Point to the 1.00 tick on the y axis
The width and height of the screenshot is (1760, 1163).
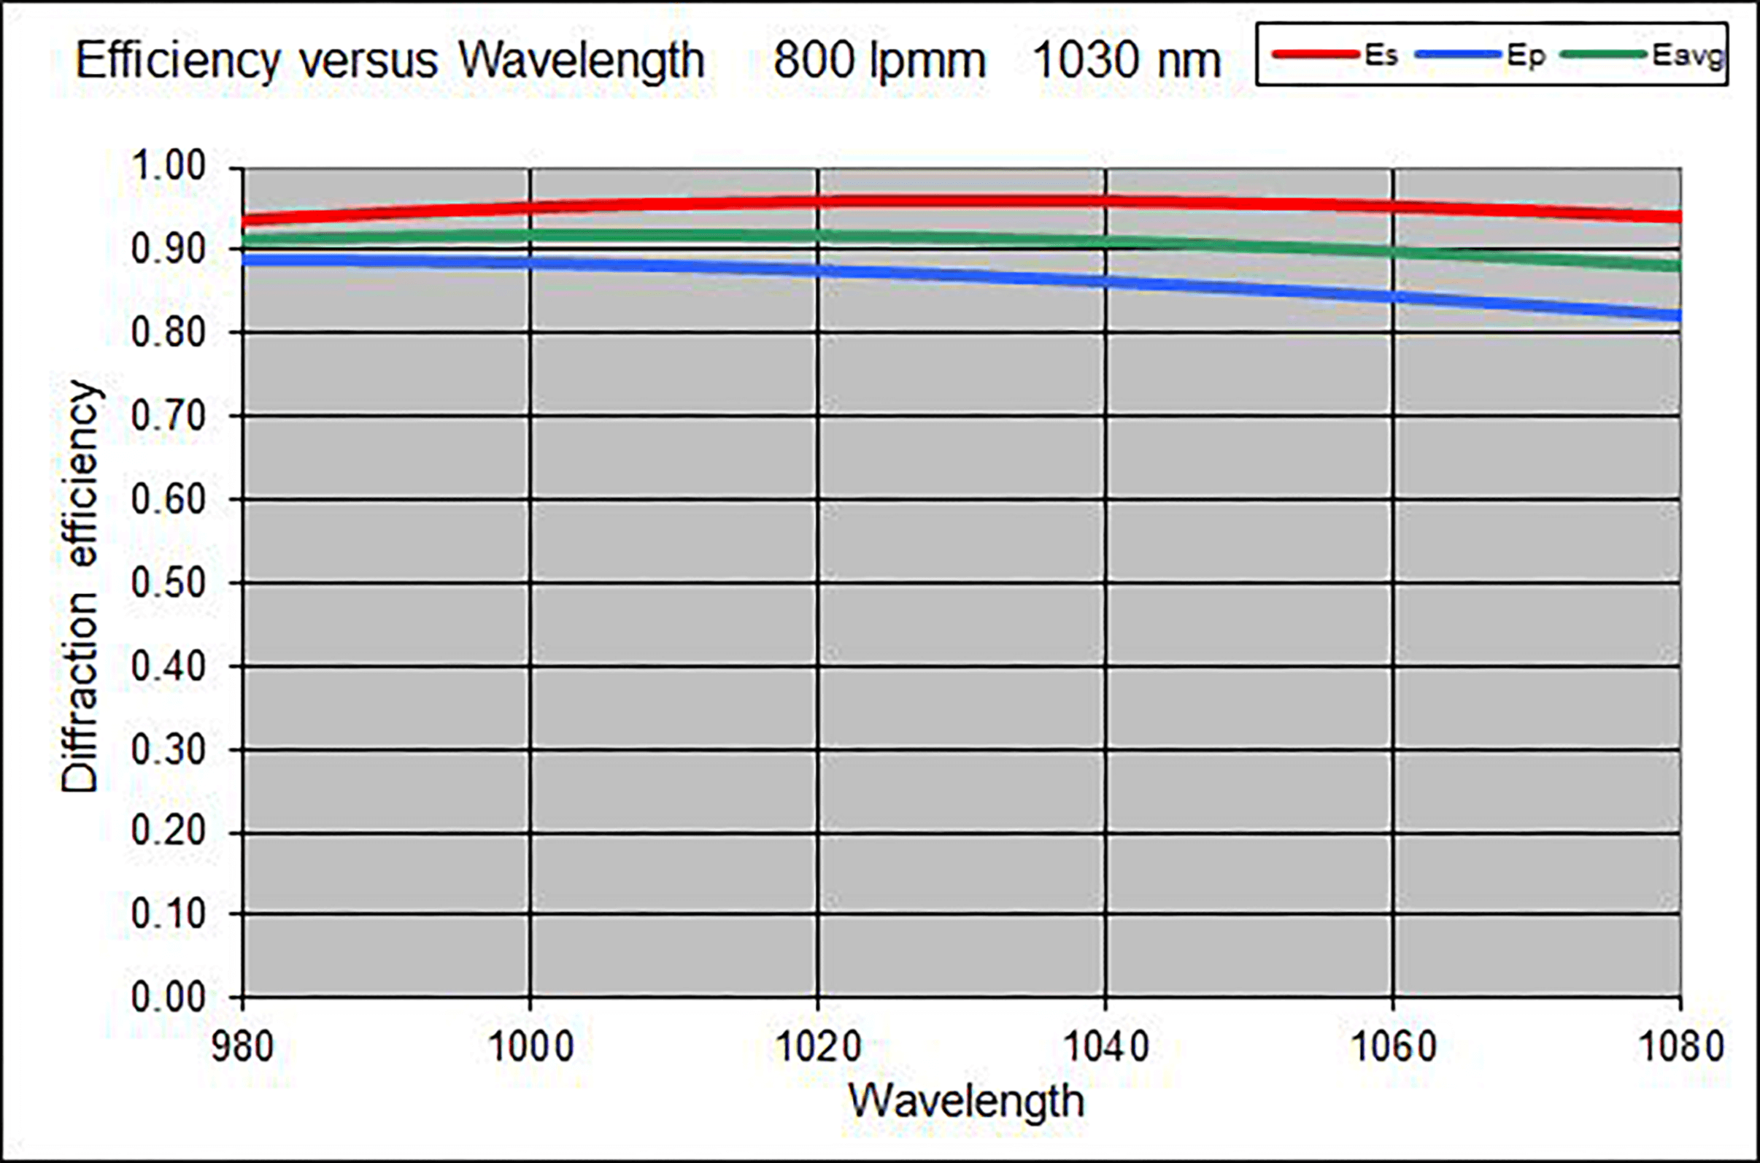(x=169, y=166)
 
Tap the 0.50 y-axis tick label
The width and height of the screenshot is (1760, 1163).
(x=169, y=584)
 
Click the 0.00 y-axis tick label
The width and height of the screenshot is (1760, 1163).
(x=169, y=997)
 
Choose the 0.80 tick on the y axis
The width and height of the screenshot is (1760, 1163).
(x=169, y=333)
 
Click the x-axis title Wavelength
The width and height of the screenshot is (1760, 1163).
(x=965, y=1101)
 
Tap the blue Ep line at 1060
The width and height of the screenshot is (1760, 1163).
(x=1393, y=297)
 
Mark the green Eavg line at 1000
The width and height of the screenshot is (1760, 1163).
(x=530, y=236)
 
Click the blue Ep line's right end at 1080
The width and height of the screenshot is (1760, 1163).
(x=1678, y=316)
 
